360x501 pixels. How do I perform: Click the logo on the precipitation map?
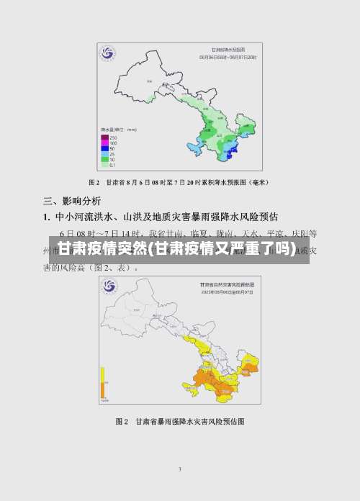(x=107, y=53)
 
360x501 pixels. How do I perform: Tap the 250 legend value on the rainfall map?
(x=114, y=137)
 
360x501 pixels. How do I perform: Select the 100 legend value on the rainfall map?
(x=114, y=143)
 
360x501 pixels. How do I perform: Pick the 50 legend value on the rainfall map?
(x=113, y=148)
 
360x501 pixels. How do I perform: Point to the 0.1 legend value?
(x=113, y=165)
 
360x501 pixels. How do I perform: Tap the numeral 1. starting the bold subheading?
(x=47, y=216)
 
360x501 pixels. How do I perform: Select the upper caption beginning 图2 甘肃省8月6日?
(x=179, y=182)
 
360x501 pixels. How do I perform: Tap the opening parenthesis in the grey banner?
(x=150, y=250)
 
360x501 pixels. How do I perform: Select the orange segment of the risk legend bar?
(x=103, y=389)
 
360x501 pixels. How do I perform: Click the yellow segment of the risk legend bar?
(x=103, y=374)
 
